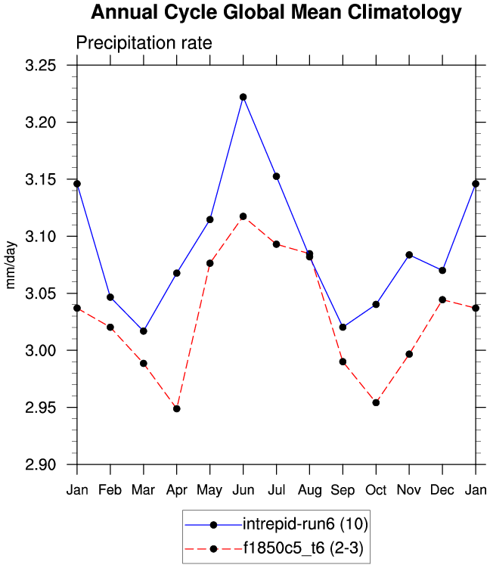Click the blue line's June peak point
(x=243, y=97)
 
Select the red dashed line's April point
(x=176, y=408)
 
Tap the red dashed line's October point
(x=376, y=402)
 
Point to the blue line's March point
(x=143, y=331)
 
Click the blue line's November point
(x=409, y=255)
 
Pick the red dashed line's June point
(x=243, y=216)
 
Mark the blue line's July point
(x=276, y=176)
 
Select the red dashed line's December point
(x=442, y=300)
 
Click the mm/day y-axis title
(x=11, y=265)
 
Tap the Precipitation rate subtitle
(x=144, y=44)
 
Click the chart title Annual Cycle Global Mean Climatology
(x=275, y=13)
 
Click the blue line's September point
(x=343, y=327)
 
